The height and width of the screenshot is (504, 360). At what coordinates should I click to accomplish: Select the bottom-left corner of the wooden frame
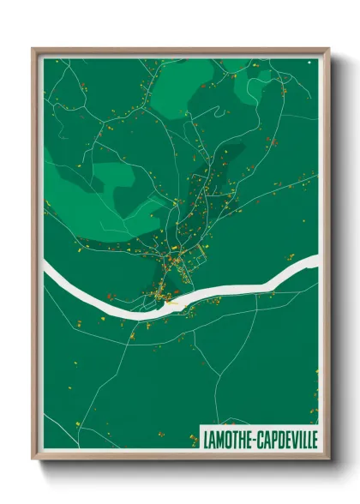tap(33, 458)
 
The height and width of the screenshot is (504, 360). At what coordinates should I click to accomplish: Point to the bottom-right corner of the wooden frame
tap(328, 458)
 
